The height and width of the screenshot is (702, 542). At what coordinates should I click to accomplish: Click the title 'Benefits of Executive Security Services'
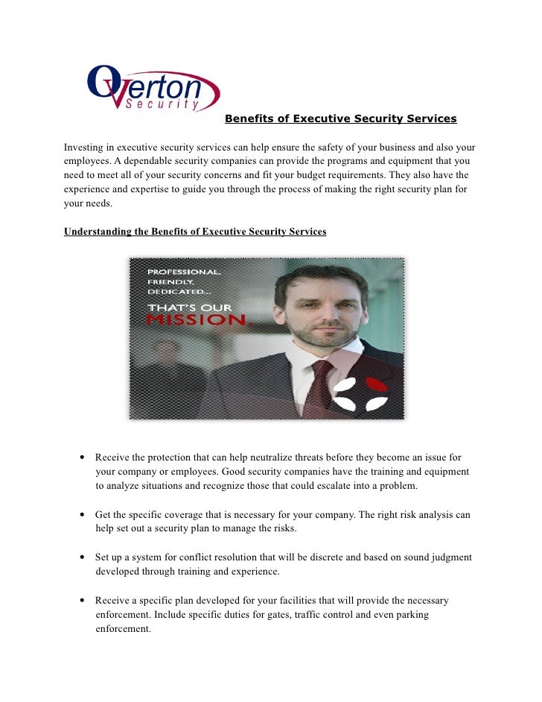340,118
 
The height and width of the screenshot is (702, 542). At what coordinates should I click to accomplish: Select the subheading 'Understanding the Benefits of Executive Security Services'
195,232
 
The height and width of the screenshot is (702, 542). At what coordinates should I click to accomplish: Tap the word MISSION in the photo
197,320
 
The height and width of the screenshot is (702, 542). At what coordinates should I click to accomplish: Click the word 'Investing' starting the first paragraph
83,148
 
